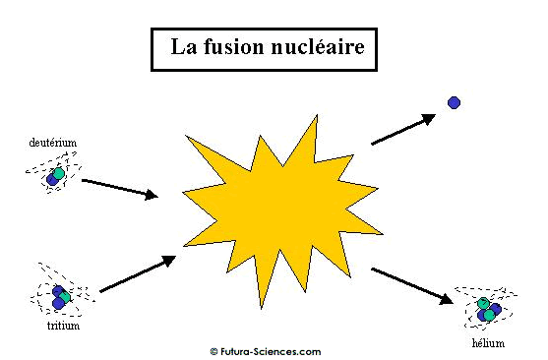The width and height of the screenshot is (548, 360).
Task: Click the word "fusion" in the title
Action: [234, 46]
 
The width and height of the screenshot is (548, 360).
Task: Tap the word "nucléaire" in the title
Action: [318, 46]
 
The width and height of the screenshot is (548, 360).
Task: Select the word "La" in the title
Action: [184, 46]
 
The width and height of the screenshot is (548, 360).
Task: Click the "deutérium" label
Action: [53, 143]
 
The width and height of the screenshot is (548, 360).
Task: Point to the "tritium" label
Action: [63, 326]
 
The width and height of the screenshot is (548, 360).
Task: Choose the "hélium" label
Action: [488, 343]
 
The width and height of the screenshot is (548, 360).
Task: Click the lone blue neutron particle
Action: [454, 102]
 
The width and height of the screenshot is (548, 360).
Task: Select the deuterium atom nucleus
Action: [55, 176]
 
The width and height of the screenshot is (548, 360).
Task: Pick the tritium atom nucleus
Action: [61, 297]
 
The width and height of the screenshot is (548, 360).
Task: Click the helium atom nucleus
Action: [489, 309]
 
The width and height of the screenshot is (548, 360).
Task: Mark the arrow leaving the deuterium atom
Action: [119, 189]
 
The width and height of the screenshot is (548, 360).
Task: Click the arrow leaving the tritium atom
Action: [138, 273]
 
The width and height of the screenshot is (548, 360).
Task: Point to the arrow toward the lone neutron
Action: [403, 129]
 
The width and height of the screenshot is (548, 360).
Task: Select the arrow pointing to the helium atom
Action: [412, 286]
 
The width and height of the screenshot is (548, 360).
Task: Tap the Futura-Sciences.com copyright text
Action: [266, 351]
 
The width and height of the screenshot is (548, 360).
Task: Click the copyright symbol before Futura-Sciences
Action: [213, 351]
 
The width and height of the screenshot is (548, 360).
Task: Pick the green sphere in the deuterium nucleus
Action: [59, 174]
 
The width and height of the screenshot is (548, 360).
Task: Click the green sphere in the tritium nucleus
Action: [65, 297]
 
